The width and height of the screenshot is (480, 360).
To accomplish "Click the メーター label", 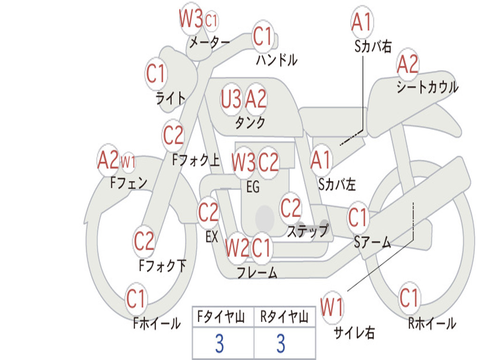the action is (x=210, y=43).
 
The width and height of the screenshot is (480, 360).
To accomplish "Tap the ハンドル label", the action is (x=277, y=60).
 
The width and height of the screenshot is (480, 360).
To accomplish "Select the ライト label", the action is (x=171, y=98).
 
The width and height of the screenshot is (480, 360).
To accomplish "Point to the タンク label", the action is (x=250, y=122).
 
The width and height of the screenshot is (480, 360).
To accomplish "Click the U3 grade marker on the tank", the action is (x=231, y=99).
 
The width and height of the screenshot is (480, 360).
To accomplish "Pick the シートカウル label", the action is (x=427, y=87).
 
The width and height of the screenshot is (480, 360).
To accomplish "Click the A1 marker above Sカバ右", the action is (x=362, y=22).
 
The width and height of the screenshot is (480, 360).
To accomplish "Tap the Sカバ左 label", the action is (x=337, y=185).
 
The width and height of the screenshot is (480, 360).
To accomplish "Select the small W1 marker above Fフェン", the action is (x=128, y=162).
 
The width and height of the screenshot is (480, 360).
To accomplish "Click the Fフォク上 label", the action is (x=196, y=159).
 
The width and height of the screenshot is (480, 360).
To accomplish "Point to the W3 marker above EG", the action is (x=243, y=162).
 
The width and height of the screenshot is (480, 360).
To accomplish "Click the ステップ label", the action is (x=308, y=231).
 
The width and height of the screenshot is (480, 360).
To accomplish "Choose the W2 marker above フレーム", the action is (x=237, y=248).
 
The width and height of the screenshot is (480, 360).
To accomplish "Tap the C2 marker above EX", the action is (x=208, y=212).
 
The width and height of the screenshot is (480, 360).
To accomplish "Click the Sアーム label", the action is (x=373, y=242).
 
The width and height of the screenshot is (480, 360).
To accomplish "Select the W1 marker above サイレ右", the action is (x=332, y=307).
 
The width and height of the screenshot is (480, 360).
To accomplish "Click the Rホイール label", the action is (x=432, y=323).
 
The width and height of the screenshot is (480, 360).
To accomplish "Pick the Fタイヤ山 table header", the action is (x=221, y=317).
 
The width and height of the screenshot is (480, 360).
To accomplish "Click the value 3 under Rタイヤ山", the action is (x=281, y=343).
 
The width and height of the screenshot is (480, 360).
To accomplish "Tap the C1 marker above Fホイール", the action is (x=135, y=299).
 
